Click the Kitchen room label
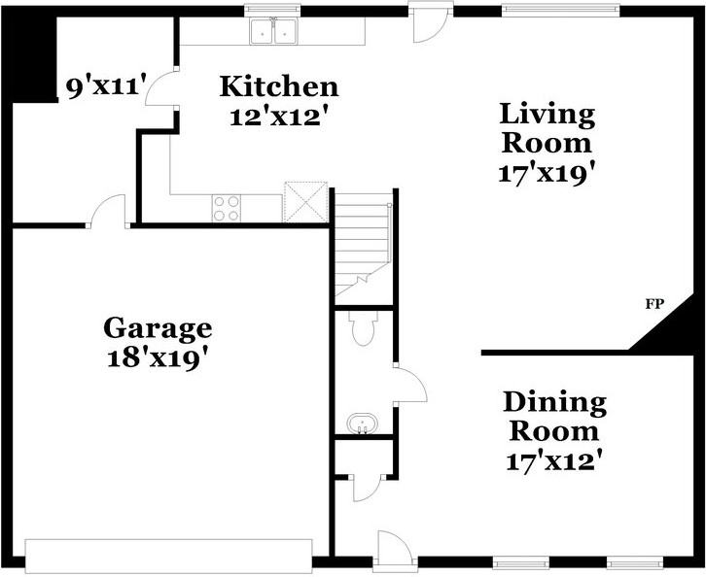point(279,86)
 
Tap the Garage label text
point(158,329)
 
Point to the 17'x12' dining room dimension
point(554,461)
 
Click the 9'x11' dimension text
point(107,85)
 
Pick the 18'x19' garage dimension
point(159,358)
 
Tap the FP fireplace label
point(654,304)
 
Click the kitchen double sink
point(273,31)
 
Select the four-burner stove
point(226,208)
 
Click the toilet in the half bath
point(363,328)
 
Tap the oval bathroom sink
point(363,424)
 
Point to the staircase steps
point(363,243)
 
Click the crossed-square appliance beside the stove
point(305,202)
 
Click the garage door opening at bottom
point(168,556)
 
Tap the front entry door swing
point(395,549)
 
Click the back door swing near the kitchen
point(430,25)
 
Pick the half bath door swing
point(410,385)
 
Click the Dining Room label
point(554,417)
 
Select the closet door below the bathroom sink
point(368,489)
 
